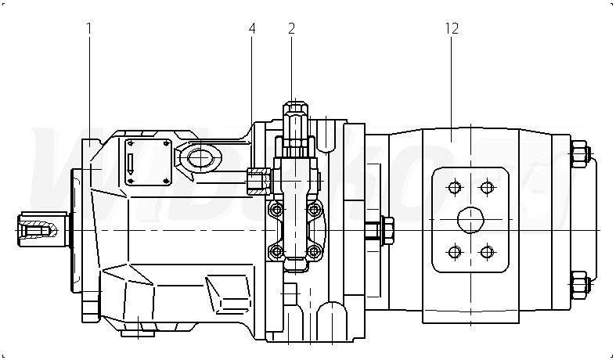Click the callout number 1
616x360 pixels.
click(x=89, y=28)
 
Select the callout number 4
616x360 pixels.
click(x=252, y=28)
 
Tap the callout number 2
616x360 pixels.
click(x=291, y=28)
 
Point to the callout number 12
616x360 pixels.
click(x=452, y=28)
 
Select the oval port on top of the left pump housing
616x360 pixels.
click(x=199, y=158)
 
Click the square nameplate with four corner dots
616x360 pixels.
click(x=147, y=161)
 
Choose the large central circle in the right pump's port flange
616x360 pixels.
click(x=470, y=220)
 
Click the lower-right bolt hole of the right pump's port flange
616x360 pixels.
click(x=487, y=252)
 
